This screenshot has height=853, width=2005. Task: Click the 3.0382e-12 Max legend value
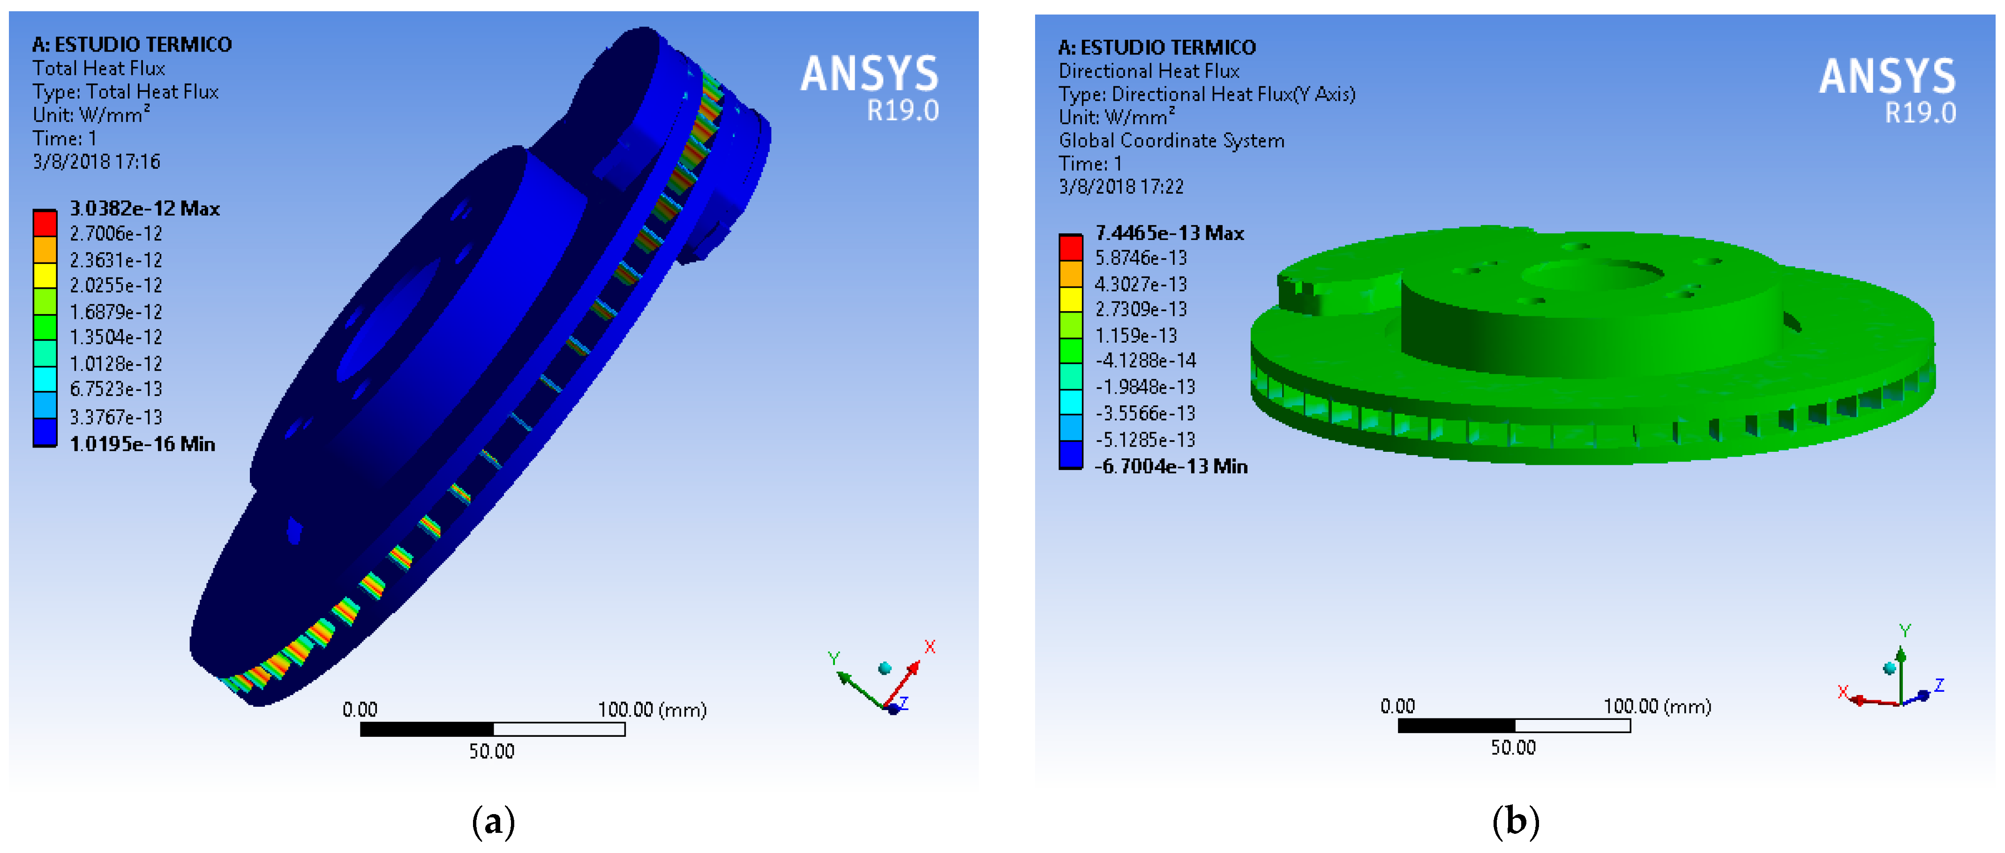click(x=145, y=209)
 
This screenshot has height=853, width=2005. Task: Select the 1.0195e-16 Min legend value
click(x=143, y=444)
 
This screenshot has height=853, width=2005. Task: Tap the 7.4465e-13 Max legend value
click(x=1169, y=233)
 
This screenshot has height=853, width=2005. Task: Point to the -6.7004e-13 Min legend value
click(x=1171, y=466)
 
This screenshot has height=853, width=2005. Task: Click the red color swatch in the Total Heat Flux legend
click(x=45, y=224)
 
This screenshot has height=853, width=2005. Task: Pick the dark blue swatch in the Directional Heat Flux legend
click(x=1070, y=455)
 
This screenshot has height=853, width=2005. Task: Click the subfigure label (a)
click(x=494, y=821)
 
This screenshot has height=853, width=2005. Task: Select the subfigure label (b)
click(x=1515, y=821)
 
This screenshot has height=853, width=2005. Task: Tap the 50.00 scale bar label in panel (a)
click(x=491, y=751)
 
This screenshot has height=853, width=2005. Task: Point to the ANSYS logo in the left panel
click(x=870, y=74)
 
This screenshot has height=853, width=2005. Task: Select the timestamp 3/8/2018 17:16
click(x=97, y=162)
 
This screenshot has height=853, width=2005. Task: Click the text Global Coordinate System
click(x=1171, y=141)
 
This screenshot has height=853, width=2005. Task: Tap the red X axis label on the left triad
click(x=929, y=647)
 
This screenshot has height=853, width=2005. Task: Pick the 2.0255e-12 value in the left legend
click(x=116, y=285)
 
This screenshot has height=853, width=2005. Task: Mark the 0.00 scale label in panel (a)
click(x=360, y=709)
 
